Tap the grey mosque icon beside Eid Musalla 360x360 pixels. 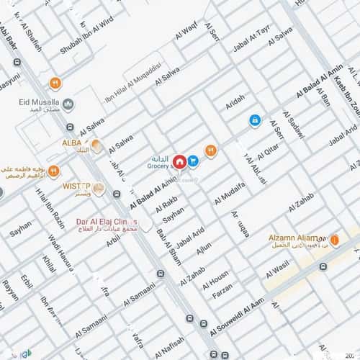click(68, 104)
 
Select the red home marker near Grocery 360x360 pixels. click(178, 161)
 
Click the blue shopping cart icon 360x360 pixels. click(193, 161)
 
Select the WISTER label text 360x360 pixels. click(76, 186)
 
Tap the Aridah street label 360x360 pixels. click(235, 102)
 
